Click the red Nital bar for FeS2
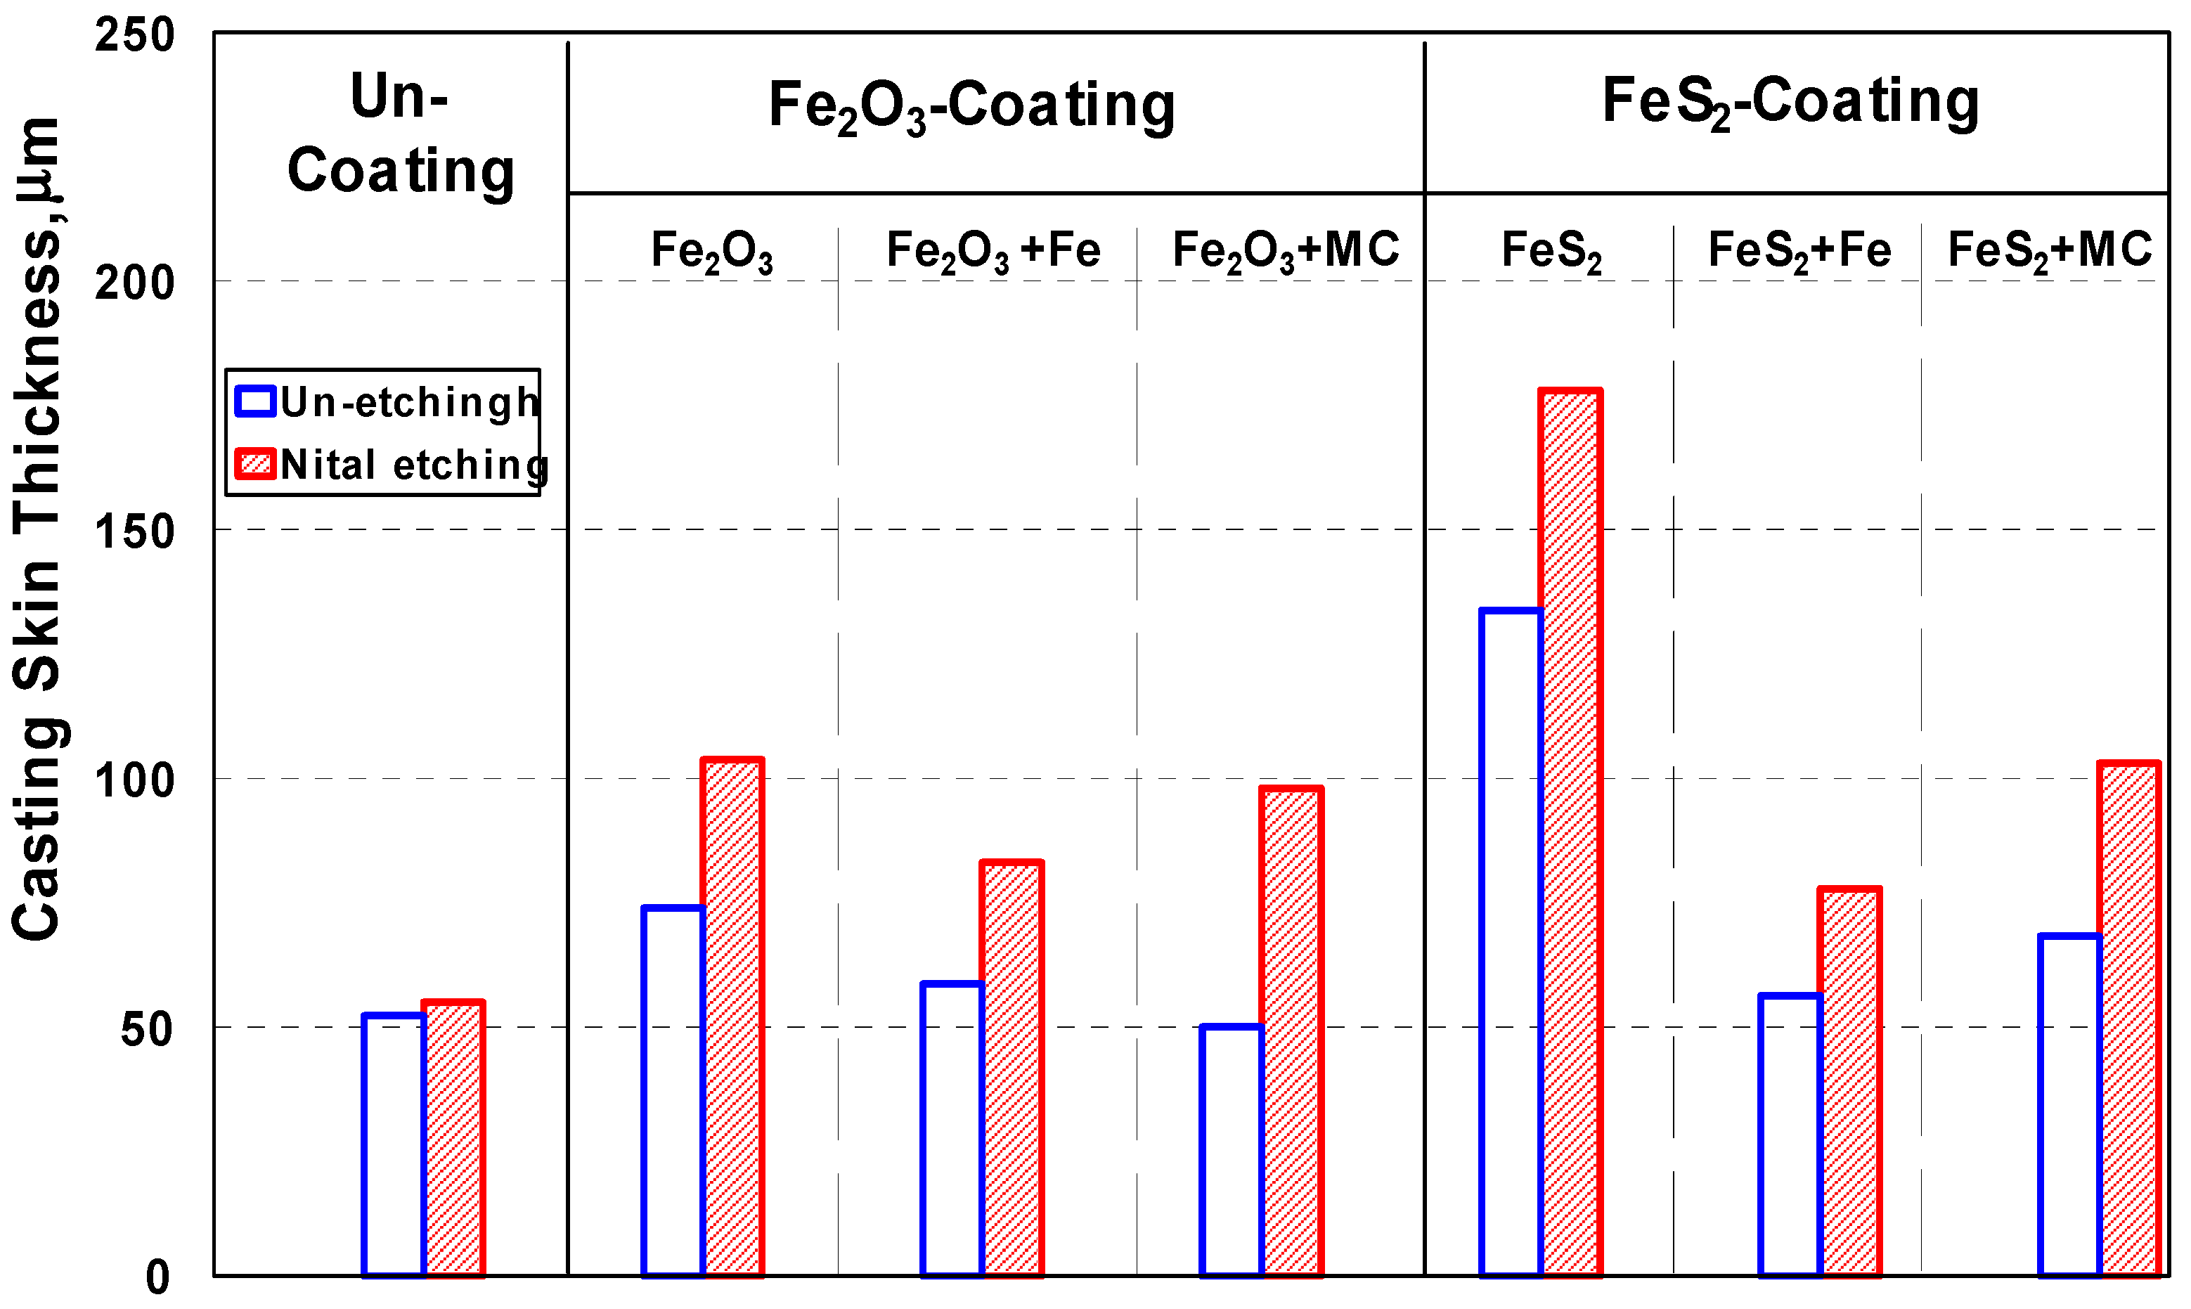[x=1570, y=834]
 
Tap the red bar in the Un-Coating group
[x=453, y=1139]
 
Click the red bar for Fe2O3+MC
[x=1292, y=1032]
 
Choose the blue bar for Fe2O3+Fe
[x=952, y=1129]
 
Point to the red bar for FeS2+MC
[x=2130, y=1019]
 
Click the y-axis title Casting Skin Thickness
[x=37, y=529]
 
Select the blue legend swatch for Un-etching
[x=256, y=401]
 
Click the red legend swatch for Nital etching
[x=256, y=464]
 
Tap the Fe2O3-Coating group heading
[x=971, y=106]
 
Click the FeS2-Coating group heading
[x=1790, y=101]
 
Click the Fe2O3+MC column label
[x=1286, y=250]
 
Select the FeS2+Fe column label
[x=1799, y=250]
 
